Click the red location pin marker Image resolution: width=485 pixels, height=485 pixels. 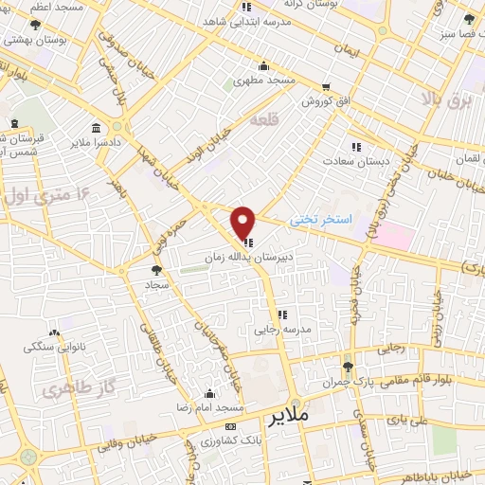(243, 223)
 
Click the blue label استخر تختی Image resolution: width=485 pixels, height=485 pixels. (321, 220)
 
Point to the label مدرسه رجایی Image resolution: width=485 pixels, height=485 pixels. (280, 331)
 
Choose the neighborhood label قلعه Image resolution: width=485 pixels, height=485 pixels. (264, 121)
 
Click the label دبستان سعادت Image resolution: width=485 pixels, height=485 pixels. (357, 161)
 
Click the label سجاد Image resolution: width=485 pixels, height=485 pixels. (156, 284)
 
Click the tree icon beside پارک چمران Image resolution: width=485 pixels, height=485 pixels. (349, 366)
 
